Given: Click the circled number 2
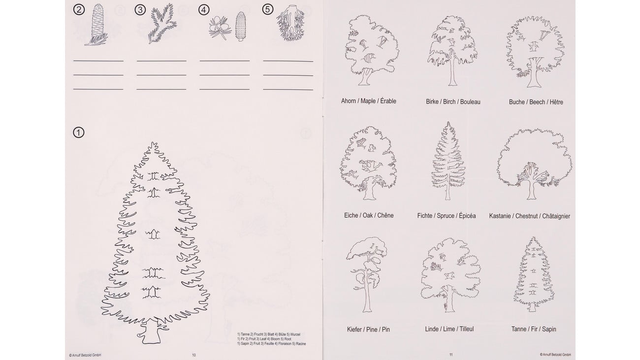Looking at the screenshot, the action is [x=79, y=10].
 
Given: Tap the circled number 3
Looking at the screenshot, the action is [x=140, y=10].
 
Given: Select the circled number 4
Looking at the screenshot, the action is [x=204, y=10].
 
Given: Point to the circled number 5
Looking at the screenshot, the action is [x=267, y=9].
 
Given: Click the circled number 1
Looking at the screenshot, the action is [x=79, y=132].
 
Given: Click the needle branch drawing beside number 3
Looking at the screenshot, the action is [x=162, y=23].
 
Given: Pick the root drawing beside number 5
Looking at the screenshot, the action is [x=290, y=23].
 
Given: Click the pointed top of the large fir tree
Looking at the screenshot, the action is [x=154, y=142].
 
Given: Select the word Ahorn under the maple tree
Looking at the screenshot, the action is [x=348, y=101].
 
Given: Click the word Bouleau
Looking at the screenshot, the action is [x=470, y=102].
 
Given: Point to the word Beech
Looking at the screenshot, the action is [x=537, y=102].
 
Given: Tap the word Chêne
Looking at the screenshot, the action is [x=385, y=215].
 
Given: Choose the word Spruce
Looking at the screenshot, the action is [x=446, y=216].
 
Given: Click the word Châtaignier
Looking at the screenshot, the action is [x=556, y=216].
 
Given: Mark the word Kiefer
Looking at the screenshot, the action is [x=354, y=329].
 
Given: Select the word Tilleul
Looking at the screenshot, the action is [x=466, y=329].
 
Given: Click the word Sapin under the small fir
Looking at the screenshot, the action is [x=549, y=329].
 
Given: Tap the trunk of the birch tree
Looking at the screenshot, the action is [x=452, y=71].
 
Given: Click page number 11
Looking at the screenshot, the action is [x=451, y=355].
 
